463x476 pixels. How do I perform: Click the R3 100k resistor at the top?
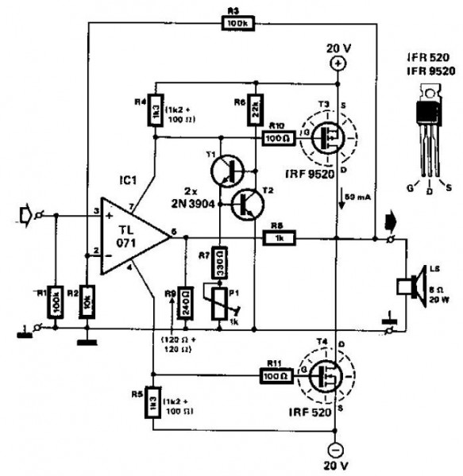(235, 25)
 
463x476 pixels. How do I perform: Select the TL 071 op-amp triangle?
(130, 236)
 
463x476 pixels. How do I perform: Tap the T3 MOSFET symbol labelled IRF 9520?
(326, 136)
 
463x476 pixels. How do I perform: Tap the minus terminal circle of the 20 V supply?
(337, 447)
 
